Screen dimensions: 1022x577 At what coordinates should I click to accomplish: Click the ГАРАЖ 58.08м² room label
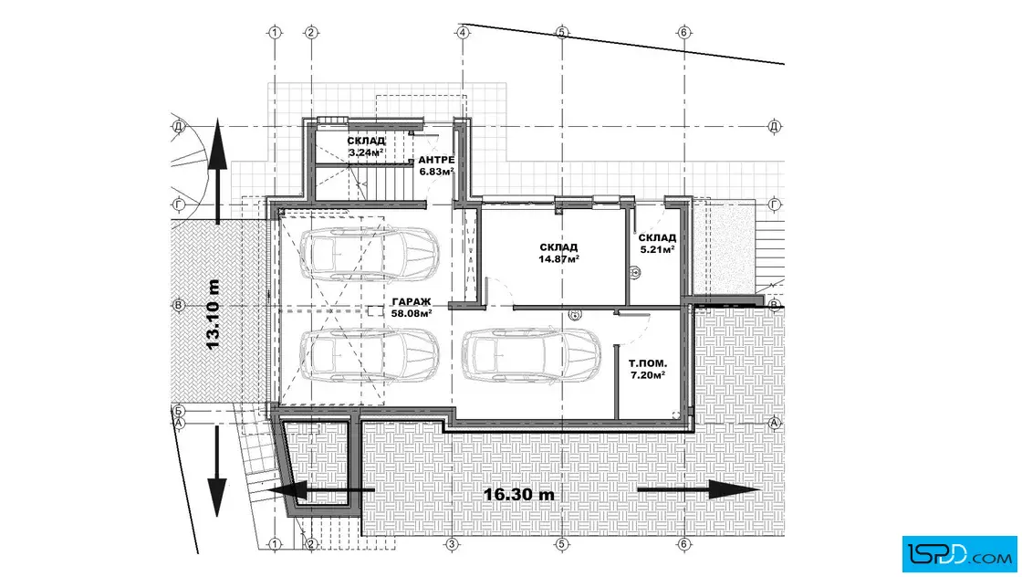click(412, 307)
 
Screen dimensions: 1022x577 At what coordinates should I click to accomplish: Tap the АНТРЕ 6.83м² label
click(437, 165)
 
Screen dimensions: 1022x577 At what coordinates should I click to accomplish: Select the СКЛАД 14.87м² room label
click(559, 253)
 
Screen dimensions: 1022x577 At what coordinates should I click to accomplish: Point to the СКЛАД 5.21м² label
click(657, 243)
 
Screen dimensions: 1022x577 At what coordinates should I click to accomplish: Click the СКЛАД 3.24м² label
click(366, 147)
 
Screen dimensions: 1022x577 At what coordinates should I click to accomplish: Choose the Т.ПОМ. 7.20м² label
click(647, 369)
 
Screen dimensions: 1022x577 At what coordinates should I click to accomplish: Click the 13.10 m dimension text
click(214, 314)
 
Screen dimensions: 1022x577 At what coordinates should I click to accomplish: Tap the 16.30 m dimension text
click(519, 494)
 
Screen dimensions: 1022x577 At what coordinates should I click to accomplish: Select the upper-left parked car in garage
click(369, 255)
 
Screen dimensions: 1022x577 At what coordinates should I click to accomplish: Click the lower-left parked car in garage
click(369, 355)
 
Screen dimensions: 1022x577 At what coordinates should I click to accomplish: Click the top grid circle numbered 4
click(463, 32)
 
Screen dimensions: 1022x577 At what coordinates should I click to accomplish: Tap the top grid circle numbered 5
click(562, 32)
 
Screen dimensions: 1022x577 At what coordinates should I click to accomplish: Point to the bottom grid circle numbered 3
click(452, 544)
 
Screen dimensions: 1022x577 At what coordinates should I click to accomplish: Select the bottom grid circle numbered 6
click(684, 544)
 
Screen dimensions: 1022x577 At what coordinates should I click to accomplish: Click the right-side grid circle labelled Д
click(775, 127)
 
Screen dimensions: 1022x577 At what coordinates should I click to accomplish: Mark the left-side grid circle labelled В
click(179, 305)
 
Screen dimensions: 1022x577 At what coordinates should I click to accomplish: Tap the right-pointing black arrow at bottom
click(699, 489)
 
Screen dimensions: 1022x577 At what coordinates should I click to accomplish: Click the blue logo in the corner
click(959, 554)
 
